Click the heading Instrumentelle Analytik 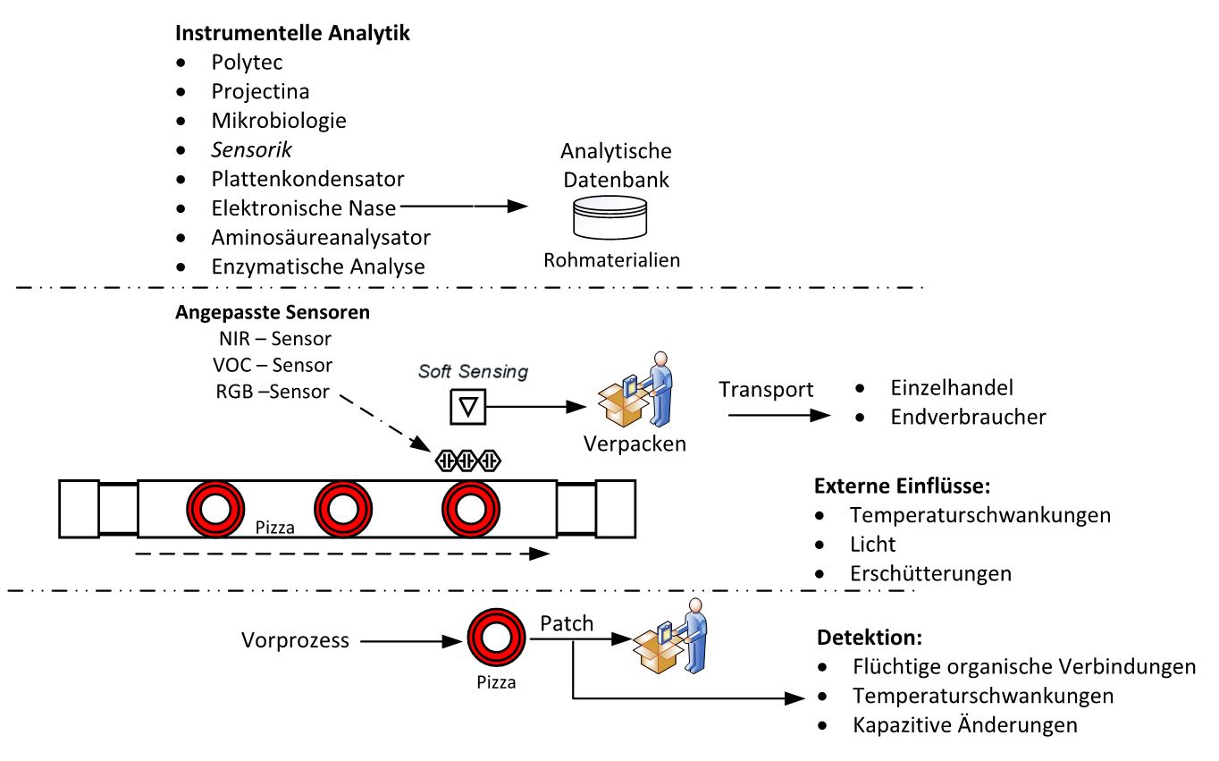click(x=293, y=34)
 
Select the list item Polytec click(x=247, y=63)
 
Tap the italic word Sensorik click(x=252, y=148)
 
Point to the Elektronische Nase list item click(x=304, y=207)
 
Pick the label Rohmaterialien click(x=612, y=260)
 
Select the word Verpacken click(x=635, y=444)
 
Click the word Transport click(x=766, y=389)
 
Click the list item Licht click(x=872, y=544)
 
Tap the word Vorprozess click(x=295, y=640)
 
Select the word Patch click(x=567, y=623)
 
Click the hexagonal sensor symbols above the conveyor click(x=468, y=461)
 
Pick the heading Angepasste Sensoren click(x=273, y=313)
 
